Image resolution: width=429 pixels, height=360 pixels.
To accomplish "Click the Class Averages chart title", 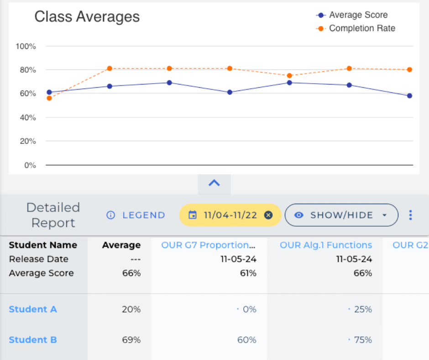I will click(87, 17).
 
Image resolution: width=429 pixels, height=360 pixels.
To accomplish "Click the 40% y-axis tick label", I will click(27, 117).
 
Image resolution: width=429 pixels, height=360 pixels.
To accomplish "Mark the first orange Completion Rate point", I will click(49, 98).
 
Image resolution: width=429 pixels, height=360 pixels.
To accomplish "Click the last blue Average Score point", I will click(409, 96).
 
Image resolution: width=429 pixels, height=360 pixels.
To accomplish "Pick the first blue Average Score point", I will click(49, 92).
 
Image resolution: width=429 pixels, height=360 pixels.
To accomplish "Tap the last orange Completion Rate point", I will click(409, 70).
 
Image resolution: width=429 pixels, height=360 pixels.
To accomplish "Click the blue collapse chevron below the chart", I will click(214, 183).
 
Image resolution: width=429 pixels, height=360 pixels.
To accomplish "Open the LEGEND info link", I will click(136, 215).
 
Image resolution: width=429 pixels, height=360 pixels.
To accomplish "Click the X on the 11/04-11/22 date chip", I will click(268, 215).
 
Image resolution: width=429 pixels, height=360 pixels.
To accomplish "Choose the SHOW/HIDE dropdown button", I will click(341, 215).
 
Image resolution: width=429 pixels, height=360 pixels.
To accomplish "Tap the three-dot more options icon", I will click(410, 215).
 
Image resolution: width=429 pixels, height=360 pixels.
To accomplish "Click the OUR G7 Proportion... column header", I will click(208, 245).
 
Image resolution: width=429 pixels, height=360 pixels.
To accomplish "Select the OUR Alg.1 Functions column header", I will click(326, 245).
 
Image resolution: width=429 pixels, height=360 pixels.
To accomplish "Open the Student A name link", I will click(33, 309).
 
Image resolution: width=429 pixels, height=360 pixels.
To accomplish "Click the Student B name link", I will click(33, 340).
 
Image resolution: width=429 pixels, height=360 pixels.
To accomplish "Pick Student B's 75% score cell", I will click(363, 340).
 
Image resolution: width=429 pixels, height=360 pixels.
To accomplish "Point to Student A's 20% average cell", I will click(131, 309).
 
